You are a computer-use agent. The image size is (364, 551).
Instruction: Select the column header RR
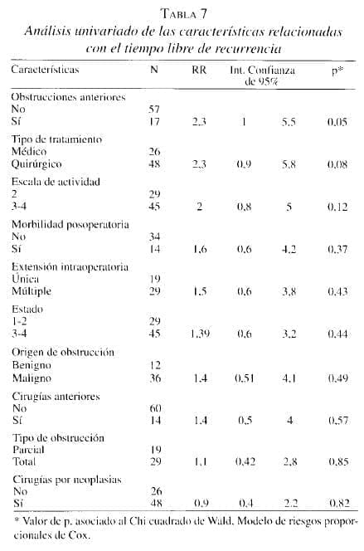coord(199,71)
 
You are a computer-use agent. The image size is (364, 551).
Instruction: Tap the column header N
coord(154,71)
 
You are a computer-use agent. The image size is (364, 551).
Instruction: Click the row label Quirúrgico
coord(36,164)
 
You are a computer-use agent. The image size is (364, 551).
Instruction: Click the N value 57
coord(153,110)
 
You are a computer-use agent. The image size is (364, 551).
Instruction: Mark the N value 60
coord(153,408)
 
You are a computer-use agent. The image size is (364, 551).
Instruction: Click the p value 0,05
coord(337,122)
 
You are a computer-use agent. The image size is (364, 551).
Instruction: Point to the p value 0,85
coord(337,462)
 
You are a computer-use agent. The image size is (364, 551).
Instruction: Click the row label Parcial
coord(30,450)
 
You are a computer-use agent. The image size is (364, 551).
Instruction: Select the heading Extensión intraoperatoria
coord(69,267)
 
